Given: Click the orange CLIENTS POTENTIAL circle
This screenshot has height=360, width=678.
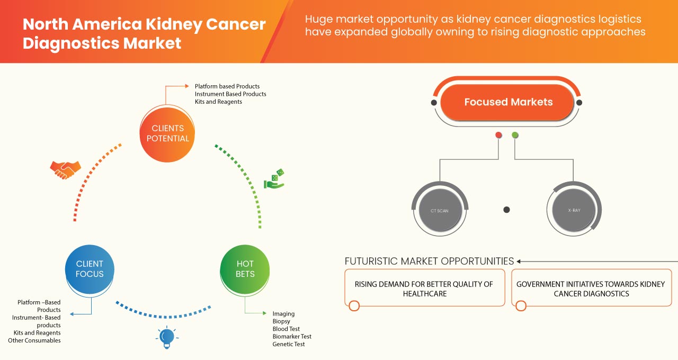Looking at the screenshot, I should [167, 133].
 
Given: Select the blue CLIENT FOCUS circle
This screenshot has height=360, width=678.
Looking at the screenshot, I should [90, 269].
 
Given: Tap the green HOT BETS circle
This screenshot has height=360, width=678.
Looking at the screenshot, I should [245, 269].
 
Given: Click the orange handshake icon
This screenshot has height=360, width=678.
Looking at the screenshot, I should [65, 169].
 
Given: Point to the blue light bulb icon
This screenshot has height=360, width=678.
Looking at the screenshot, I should [167, 337].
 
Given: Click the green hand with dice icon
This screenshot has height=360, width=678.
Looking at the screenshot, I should [274, 179].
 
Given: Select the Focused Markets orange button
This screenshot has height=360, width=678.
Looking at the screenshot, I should [507, 102].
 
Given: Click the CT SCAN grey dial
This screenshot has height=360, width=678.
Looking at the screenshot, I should [439, 211].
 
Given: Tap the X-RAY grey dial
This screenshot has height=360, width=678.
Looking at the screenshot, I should [574, 211].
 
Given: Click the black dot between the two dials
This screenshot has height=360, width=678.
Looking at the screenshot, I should [506, 210].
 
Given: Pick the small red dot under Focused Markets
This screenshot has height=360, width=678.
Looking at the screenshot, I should [498, 136].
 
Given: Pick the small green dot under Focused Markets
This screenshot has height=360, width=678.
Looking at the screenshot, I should [515, 136].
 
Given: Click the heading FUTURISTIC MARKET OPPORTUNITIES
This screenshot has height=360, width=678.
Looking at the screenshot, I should [429, 261].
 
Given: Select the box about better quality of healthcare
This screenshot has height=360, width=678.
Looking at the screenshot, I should [424, 289].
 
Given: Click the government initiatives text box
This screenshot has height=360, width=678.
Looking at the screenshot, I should [591, 289].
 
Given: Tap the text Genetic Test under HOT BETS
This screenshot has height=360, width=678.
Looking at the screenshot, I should [289, 344].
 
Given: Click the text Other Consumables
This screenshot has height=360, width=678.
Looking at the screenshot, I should [34, 340].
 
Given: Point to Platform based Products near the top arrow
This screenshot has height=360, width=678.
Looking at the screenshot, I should [227, 86].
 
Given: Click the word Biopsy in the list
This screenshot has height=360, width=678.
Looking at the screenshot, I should [281, 321].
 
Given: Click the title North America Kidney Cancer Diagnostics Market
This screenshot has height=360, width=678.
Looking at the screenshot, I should [144, 33].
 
